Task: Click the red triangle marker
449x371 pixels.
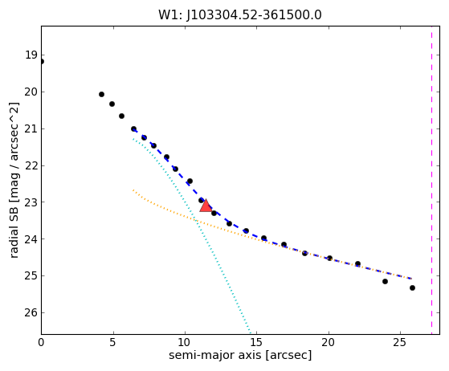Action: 206,206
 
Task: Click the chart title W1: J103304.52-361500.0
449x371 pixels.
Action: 240,15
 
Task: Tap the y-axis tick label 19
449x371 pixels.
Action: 31,55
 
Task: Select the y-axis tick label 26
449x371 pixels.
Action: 31,312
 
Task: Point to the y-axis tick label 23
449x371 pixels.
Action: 31,202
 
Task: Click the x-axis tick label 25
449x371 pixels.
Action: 400,342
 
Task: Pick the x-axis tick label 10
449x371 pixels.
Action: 185,342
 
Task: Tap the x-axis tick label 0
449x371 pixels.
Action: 41,342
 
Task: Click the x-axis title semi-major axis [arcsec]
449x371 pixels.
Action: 240,355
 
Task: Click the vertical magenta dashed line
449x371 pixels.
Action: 431,180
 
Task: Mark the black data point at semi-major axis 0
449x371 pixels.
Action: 41,62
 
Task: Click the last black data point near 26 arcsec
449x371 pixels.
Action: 412,287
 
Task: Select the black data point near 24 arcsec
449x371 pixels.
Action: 385,281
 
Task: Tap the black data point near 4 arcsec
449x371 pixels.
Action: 101,95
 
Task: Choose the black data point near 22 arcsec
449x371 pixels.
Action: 357,263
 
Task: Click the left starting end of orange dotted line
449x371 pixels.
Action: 133,190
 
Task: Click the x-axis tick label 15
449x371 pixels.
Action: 256,342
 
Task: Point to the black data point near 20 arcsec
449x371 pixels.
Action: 329,259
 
